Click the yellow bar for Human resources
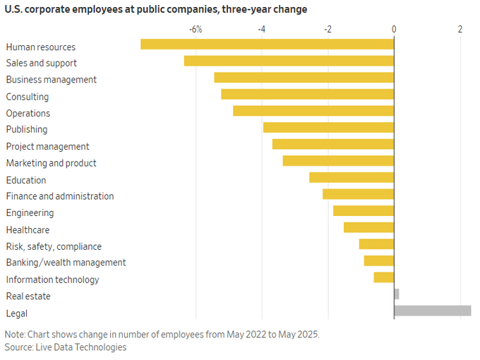(267, 44)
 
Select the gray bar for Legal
(432, 311)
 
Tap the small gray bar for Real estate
(397, 294)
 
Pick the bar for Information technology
(384, 277)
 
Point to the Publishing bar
(328, 127)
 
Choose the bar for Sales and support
(289, 61)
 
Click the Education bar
(352, 177)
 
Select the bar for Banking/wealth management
(379, 260)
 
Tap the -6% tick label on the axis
(196, 29)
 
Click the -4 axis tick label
(262, 29)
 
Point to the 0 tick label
(394, 29)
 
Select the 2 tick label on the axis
(460, 29)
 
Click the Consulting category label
(28, 97)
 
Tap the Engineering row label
(30, 212)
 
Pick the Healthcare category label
(28, 229)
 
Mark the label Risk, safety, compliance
(54, 246)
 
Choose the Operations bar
(313, 111)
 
